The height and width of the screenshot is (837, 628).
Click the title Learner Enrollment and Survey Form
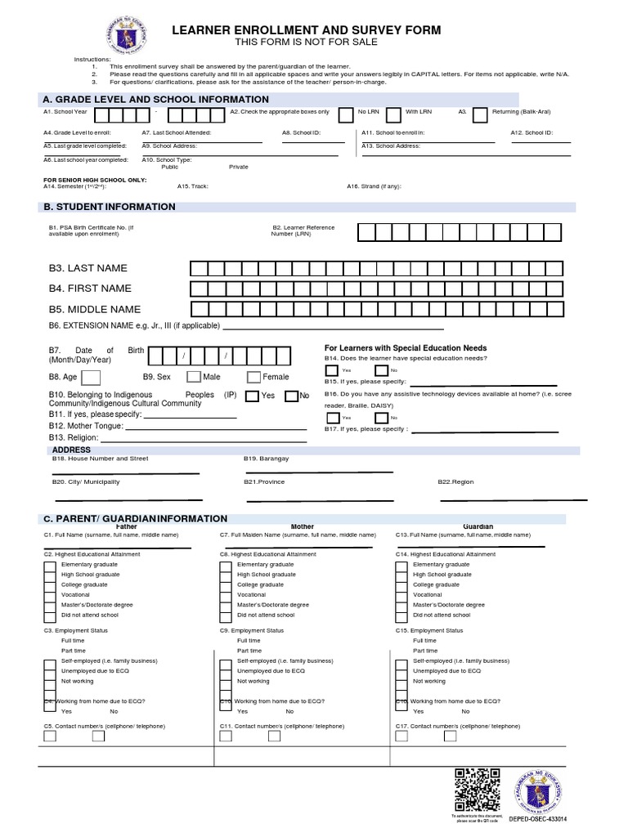tap(305, 30)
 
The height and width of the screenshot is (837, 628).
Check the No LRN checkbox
tap(347, 114)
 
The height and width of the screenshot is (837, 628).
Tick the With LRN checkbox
tap(393, 114)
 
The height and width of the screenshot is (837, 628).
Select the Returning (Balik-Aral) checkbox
tap(480, 114)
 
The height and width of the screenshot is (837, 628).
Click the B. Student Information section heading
tap(110, 207)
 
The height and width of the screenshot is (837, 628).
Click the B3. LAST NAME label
tap(87, 268)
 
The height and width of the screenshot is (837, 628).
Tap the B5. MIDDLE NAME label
tap(94, 309)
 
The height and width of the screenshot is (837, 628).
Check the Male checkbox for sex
tap(194, 377)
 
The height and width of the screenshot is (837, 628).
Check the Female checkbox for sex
tap(253, 377)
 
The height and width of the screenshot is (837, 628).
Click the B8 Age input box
tap(91, 377)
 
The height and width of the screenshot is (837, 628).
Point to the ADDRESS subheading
tap(71, 450)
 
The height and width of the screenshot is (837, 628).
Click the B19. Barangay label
tap(266, 459)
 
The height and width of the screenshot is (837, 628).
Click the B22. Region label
tap(455, 482)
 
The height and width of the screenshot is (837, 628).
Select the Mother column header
tap(303, 527)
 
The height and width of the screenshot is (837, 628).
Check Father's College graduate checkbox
tap(49, 584)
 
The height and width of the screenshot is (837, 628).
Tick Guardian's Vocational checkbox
tap(401, 594)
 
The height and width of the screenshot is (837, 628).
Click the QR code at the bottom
tap(477, 790)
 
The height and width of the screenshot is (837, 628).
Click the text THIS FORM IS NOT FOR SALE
tap(305, 42)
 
